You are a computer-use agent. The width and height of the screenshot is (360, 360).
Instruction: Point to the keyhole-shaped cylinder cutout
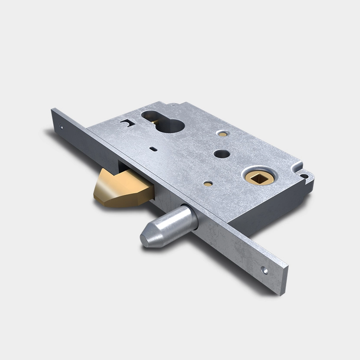point(164,122)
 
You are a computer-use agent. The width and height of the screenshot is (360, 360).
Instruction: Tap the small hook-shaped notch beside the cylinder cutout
point(126,124)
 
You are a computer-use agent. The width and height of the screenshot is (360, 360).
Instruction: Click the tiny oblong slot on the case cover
point(153,149)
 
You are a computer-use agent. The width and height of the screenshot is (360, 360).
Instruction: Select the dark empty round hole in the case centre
point(221,154)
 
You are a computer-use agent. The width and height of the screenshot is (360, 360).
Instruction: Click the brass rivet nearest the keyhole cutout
point(223,133)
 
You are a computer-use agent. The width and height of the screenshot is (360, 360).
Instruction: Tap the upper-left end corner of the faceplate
point(52,111)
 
